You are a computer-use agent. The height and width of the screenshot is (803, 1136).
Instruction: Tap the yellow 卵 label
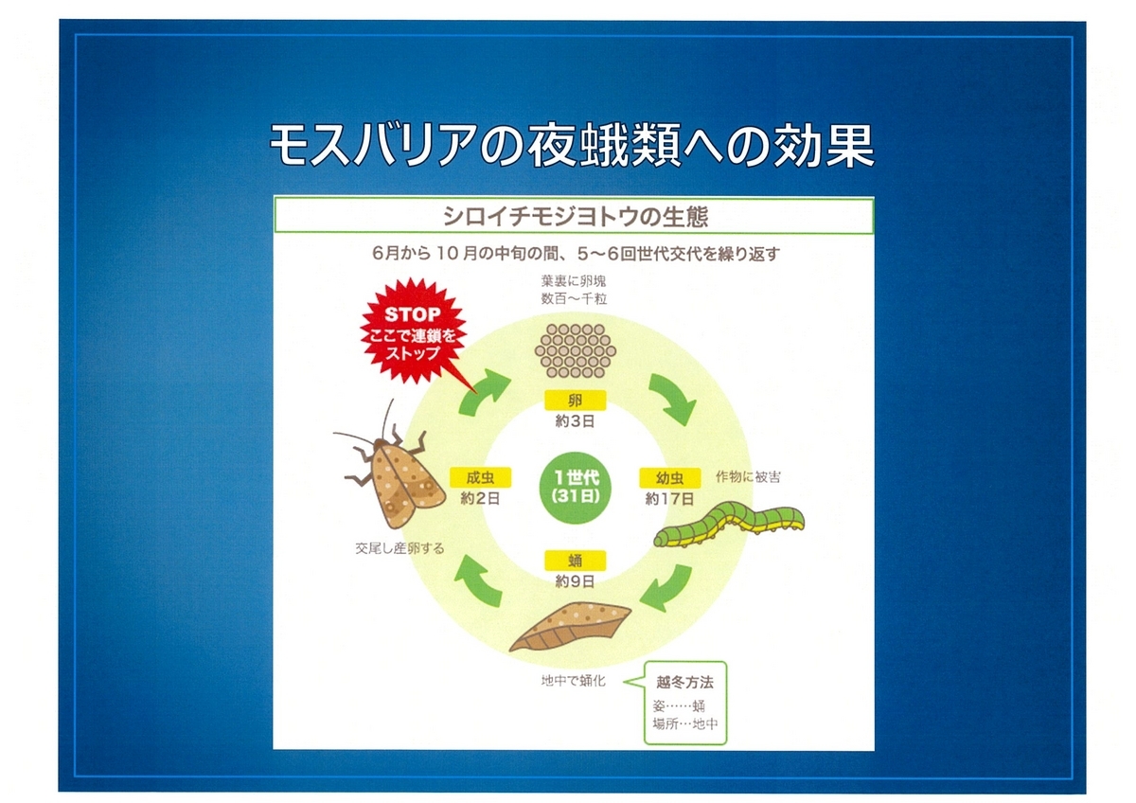click(576, 401)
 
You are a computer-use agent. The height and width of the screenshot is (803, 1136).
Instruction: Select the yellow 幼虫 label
click(669, 478)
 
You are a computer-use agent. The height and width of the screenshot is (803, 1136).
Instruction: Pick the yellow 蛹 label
click(576, 560)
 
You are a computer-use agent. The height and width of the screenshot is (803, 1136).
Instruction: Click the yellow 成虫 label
click(480, 477)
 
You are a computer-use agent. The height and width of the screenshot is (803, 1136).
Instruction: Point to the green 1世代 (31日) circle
click(576, 488)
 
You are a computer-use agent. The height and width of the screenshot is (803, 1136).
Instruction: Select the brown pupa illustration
click(571, 627)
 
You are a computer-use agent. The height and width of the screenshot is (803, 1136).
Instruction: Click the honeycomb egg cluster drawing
click(576, 351)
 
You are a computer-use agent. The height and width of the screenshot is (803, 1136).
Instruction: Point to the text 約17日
click(669, 499)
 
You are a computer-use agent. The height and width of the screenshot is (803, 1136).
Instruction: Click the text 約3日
click(576, 421)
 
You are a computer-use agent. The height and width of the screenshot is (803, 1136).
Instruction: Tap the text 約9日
click(576, 581)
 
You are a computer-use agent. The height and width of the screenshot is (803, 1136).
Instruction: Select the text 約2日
click(480, 499)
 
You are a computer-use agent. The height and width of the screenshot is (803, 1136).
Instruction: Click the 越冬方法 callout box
click(685, 703)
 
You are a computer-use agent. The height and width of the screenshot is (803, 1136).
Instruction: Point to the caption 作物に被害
click(748, 477)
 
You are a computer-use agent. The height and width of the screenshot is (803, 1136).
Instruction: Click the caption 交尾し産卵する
click(399, 548)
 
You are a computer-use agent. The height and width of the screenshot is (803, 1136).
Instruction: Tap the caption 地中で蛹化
click(573, 681)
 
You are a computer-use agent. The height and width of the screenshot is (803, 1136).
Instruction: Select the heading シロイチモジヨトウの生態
click(576, 217)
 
